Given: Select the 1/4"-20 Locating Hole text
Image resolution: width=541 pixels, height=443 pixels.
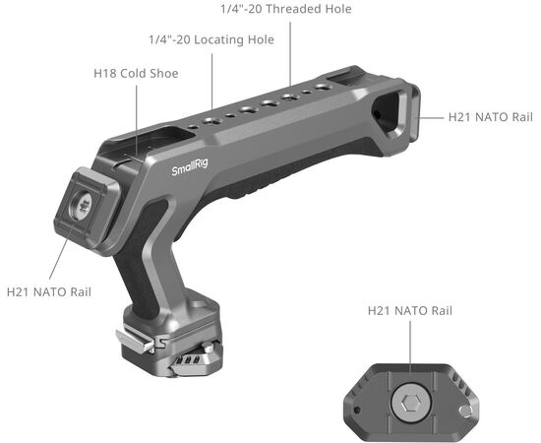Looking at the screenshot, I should tap(210, 40).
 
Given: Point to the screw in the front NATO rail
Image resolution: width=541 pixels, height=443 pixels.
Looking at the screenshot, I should tap(84, 205).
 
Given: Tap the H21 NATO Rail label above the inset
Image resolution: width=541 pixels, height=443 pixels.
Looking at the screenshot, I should tap(410, 311).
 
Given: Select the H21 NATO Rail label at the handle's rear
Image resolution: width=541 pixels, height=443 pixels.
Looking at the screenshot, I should tap(490, 117).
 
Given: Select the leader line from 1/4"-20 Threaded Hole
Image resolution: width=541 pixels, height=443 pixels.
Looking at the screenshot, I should tap(289, 49).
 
